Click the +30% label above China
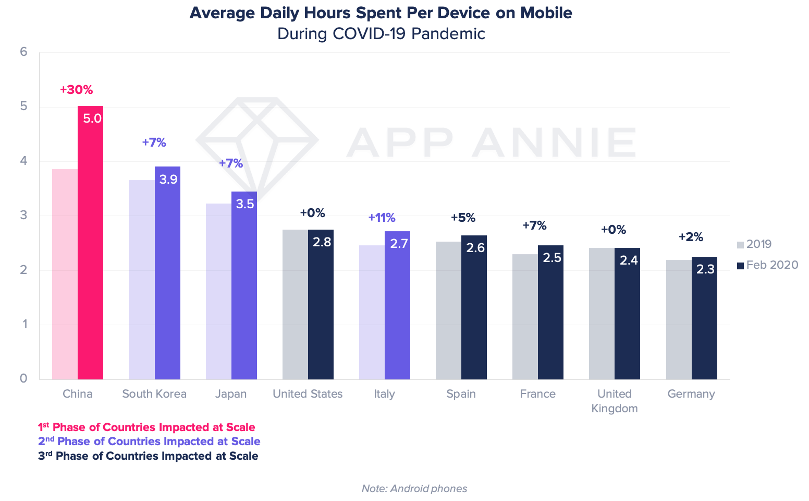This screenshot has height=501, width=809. [x=76, y=90]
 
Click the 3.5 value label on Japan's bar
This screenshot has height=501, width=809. [x=245, y=204]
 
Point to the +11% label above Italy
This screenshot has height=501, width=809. [x=382, y=218]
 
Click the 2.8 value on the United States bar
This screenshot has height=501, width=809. [x=322, y=242]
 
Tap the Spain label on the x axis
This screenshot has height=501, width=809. [x=461, y=394]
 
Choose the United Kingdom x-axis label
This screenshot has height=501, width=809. [x=615, y=401]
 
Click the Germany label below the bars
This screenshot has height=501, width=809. [x=691, y=394]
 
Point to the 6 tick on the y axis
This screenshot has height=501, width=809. [x=23, y=52]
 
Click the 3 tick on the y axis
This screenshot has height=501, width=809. [x=23, y=216]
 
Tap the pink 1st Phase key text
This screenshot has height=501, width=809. [x=146, y=427]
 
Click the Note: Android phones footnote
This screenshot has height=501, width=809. [x=414, y=488]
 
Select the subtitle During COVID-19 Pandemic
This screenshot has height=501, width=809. [x=381, y=34]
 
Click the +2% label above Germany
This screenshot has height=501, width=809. [x=691, y=237]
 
